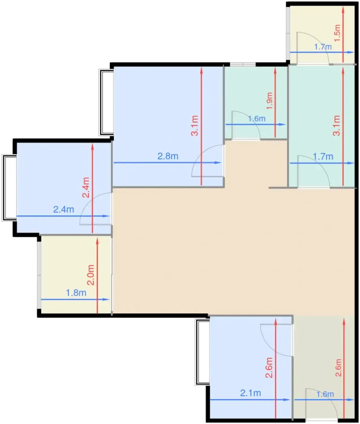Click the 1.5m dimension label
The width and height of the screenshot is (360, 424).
tap(337, 33)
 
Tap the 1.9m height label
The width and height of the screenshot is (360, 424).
tap(269, 101)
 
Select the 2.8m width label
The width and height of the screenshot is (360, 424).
tap(168, 156)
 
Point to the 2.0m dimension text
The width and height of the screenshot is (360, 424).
tap(91, 275)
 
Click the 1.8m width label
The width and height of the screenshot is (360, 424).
tap(76, 293)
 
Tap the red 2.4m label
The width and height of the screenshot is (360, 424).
tap(86, 187)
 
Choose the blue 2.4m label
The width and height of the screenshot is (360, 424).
tap(63, 210)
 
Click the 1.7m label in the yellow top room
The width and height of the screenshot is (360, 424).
tap(323, 47)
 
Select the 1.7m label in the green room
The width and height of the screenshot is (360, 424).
tap(323, 157)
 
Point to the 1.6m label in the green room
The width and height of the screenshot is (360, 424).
tap(257, 118)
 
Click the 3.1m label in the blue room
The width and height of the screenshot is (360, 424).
tap(194, 126)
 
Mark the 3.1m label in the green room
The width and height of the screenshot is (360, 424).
tap(336, 126)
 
